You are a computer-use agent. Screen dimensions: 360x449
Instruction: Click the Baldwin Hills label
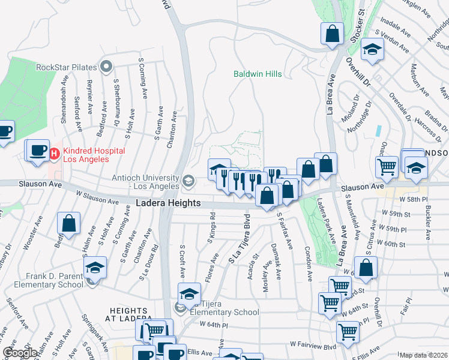(258, 74)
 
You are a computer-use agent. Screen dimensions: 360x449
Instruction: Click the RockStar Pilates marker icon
(107, 67)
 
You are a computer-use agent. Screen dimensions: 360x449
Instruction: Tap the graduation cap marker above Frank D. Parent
(95, 269)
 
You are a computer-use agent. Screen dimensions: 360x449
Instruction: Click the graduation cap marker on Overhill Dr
(373, 52)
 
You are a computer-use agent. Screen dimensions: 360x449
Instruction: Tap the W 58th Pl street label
(415, 199)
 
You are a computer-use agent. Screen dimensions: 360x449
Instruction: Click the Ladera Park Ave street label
(327, 221)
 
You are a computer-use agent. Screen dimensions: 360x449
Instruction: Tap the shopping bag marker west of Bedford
(69, 224)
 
